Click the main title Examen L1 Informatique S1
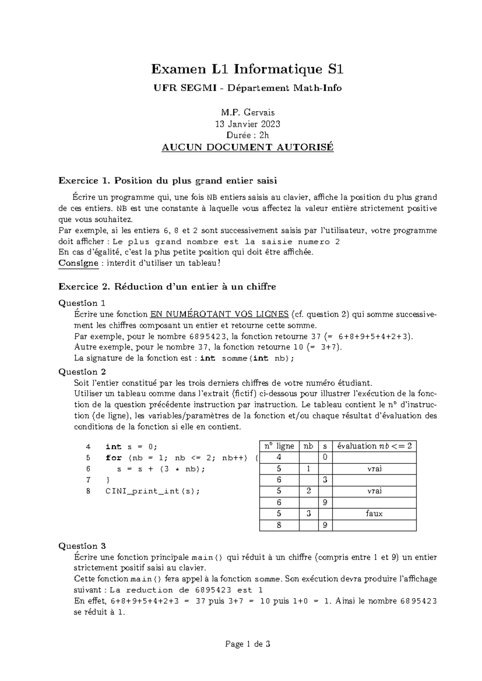tap(247, 70)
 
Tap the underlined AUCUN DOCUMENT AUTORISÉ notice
tap(247, 147)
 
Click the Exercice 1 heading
tap(168, 181)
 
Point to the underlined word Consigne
tap(78, 263)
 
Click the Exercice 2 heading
tap(167, 287)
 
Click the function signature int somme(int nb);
tap(247, 358)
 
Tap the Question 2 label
tap(82, 372)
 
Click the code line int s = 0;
tap(132, 447)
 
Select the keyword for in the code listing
tap(114, 458)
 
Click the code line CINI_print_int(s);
tap(152, 491)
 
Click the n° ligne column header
tap(279, 446)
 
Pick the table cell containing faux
tap(374, 514)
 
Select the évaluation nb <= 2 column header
tap(374, 446)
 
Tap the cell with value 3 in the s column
tap(325, 480)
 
